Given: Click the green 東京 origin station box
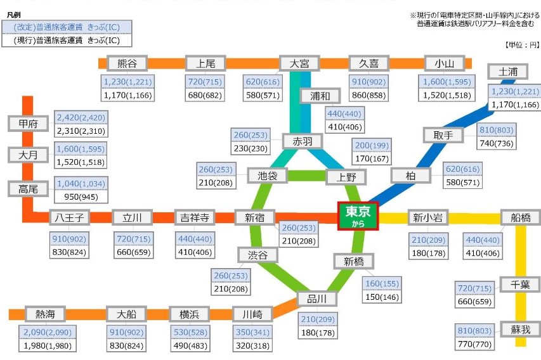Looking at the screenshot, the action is [358, 216].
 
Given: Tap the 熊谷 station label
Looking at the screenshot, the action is [127, 63].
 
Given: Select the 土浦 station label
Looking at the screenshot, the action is [508, 72].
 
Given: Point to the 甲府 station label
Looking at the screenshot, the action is [29, 124].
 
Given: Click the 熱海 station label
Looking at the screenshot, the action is [45, 314].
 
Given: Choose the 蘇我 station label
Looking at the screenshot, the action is [520, 330].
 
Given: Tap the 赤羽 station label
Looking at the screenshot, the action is [303, 141].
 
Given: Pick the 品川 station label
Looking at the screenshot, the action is [316, 299].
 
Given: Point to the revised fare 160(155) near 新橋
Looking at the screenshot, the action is [382, 283].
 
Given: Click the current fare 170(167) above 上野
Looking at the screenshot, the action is [372, 158].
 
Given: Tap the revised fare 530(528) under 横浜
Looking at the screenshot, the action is [190, 332].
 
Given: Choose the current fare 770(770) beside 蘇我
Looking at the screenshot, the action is [475, 344].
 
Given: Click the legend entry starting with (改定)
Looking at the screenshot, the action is [67, 27].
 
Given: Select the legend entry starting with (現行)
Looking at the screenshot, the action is [67, 41].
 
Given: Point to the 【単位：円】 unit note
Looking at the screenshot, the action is [522, 45].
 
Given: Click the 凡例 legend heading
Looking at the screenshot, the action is [14, 15].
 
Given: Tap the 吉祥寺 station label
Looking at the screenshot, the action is [195, 217].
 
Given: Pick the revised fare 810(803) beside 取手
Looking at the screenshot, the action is [497, 130].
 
